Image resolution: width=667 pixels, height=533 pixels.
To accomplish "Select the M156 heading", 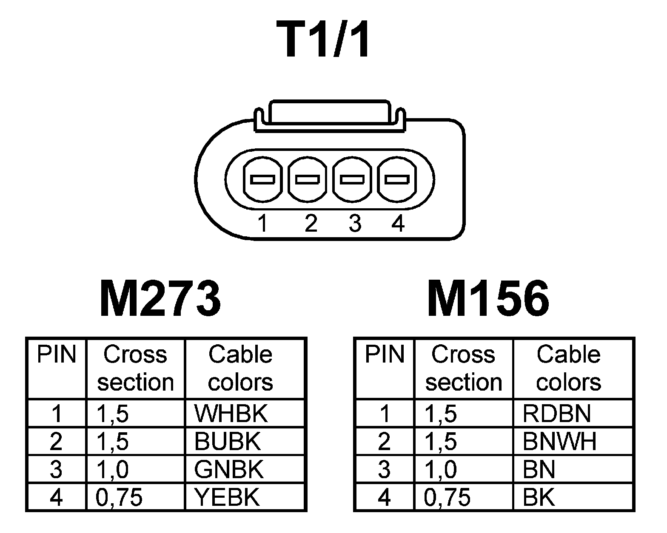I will coord(488,299).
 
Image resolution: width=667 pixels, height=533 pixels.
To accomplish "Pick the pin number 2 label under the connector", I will coord(311,223).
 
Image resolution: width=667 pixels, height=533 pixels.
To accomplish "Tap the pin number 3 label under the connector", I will coord(354,223).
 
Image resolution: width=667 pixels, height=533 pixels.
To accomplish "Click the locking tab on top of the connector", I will coord(330,113).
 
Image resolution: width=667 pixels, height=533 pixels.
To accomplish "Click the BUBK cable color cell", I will coord(227,442).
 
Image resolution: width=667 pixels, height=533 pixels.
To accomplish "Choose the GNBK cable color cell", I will coord(229,469).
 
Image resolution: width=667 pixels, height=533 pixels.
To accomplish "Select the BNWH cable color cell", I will coord(559,442).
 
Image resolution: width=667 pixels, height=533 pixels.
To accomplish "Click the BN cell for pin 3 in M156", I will coord(539,469).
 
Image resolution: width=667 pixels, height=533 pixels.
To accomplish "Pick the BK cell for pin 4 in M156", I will coord(539,497).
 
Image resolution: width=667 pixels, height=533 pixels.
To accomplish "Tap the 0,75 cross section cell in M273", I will coord(119,497).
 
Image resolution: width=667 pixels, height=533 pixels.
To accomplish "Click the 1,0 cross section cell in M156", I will coord(441,469).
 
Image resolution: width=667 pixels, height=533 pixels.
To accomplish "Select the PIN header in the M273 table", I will coord(57,354).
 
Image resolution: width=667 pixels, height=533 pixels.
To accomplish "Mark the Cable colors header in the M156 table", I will coord(568,368).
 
